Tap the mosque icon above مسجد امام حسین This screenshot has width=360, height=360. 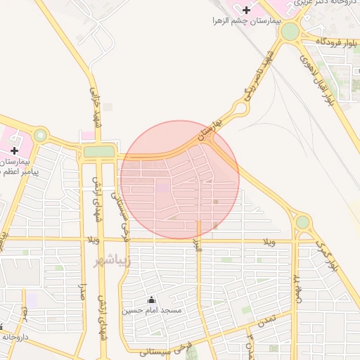click(150, 299)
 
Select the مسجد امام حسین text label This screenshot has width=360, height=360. click(153, 310)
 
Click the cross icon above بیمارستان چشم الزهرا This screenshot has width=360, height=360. click(246, 10)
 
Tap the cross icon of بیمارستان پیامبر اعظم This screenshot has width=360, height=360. click(14, 150)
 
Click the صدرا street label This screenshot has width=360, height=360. click(83, 291)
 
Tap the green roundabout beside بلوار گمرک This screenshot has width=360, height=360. click(302, 222)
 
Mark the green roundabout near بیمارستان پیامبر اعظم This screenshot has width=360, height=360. click(41, 135)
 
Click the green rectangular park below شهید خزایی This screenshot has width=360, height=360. click(98, 151)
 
